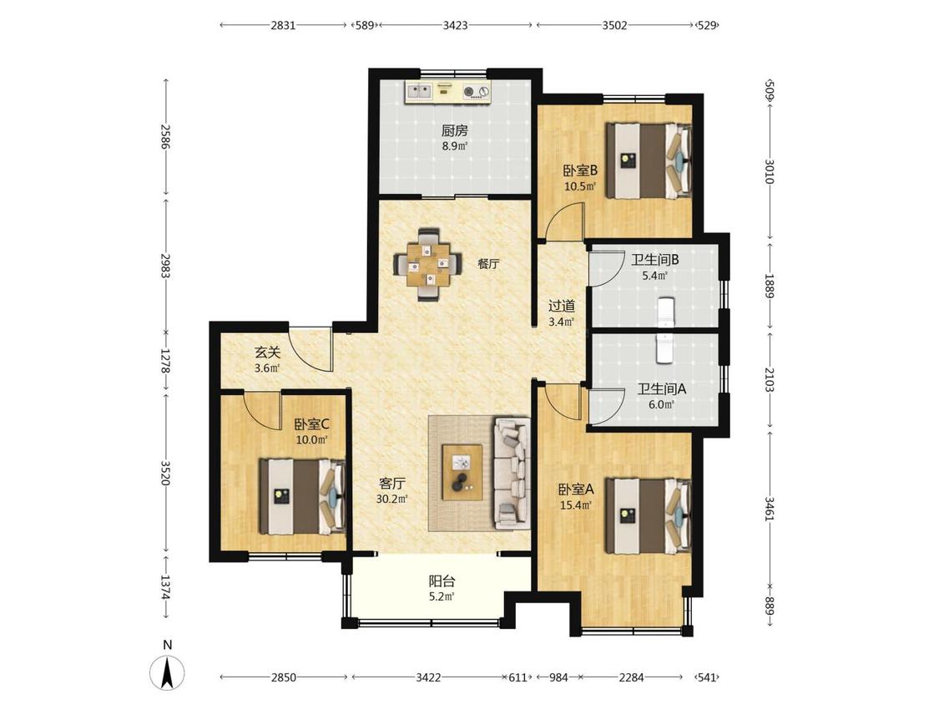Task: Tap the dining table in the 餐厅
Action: [428, 264]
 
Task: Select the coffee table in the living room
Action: [462, 472]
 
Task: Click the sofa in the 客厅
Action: [512, 474]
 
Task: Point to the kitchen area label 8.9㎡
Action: [455, 145]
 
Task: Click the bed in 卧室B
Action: [649, 160]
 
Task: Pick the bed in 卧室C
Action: [302, 496]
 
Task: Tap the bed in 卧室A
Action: [649, 515]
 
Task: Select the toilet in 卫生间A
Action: [665, 349]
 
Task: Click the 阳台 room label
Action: [442, 581]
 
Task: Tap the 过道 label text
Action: [562, 307]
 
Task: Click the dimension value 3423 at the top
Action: [455, 25]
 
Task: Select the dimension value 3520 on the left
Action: [166, 473]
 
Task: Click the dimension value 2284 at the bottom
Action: [631, 677]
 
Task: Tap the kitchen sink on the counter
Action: [420, 92]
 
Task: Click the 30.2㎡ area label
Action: [392, 499]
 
